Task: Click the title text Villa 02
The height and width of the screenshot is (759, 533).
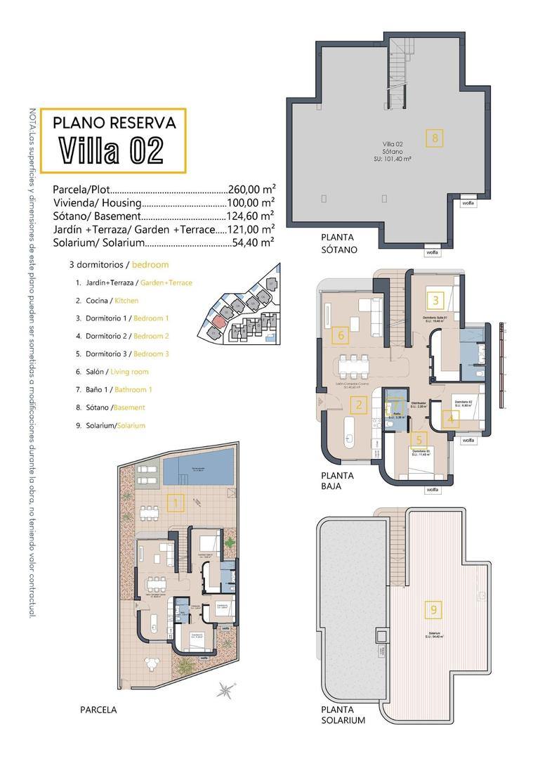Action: pos(112,150)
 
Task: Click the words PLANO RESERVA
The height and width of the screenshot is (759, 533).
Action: pos(114,122)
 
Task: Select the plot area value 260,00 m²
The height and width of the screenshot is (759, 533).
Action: pos(251,190)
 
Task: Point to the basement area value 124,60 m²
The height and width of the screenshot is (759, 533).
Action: pos(250,216)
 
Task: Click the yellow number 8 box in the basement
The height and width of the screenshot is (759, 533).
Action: pos(435,138)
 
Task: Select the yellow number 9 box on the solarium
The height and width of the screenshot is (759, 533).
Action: pos(434,609)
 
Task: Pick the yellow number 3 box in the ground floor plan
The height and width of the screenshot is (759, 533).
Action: pos(435,301)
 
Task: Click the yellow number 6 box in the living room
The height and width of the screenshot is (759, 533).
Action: pos(341,335)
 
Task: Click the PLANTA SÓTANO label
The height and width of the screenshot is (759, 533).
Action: pos(339,243)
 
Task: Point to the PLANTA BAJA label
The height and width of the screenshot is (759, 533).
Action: pos(338,480)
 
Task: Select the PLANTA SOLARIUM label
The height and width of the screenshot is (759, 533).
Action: pos(343,715)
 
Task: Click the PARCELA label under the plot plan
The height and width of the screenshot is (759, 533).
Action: pos(98,710)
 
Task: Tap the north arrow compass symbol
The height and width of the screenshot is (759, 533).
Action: pos(225,689)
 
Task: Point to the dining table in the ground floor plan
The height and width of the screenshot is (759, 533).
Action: pos(350,365)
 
